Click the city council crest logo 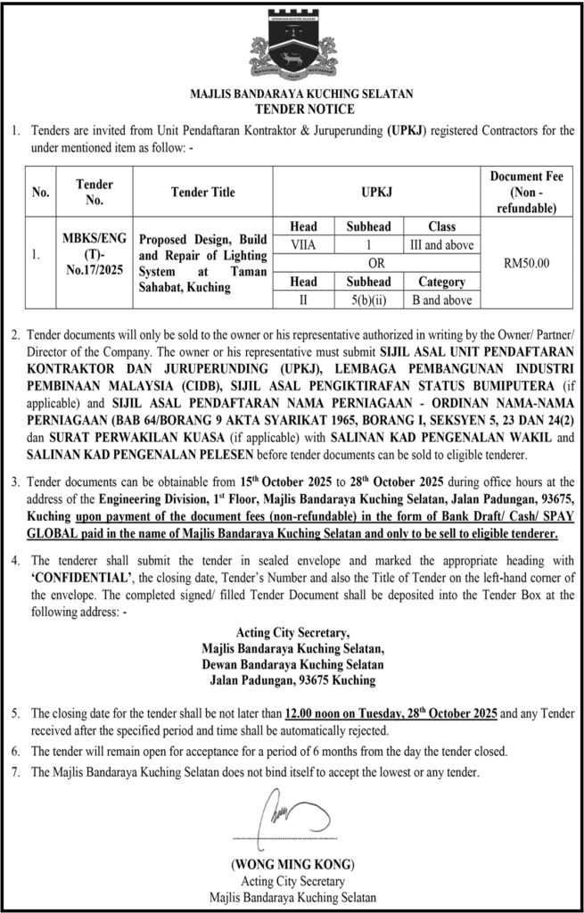pos(292,45)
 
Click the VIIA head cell pos(303,245)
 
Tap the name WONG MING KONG pos(292,865)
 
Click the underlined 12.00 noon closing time pos(324,714)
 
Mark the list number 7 pos(14,772)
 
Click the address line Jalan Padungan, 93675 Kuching pos(292,680)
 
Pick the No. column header pos(41,191)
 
